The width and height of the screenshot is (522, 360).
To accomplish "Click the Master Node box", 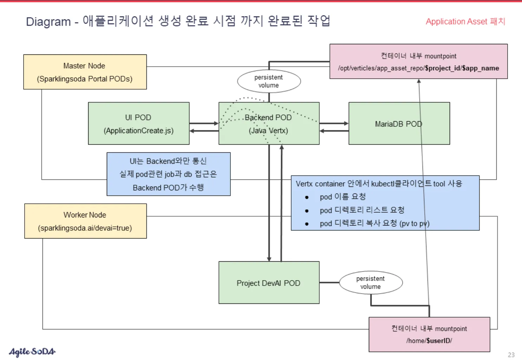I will pos(85,72).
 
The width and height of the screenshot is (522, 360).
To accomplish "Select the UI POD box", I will pos(138,123).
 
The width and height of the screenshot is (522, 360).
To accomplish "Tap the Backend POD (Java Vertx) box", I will pos(269,124).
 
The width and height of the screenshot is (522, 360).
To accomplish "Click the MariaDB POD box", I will pos(399,124).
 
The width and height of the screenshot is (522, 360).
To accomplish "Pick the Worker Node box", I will pos(85,221).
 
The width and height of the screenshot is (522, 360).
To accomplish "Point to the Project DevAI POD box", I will pos(269,283).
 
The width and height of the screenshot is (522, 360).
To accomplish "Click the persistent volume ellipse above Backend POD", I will pos(269,81).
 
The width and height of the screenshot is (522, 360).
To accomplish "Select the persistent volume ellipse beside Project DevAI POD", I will pos(371,282).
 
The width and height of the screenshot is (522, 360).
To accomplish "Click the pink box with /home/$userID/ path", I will pos(429,334).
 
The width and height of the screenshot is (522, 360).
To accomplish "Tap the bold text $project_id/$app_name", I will pos(462,68).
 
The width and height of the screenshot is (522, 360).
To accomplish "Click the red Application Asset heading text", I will pos(465,21).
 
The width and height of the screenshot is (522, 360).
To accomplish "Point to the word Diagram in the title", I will pos(48,22).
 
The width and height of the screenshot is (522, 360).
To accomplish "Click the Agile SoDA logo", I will pos(32,351).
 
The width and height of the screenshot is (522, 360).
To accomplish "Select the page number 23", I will pos(511,355).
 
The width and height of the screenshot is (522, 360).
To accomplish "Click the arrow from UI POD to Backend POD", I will pos(204,123).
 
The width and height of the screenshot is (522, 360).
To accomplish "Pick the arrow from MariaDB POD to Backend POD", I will pos(334,131).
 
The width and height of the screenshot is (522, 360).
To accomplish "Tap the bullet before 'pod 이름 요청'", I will pos(307,197).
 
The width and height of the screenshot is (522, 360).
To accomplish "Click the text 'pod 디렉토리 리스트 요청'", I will pos(362,210).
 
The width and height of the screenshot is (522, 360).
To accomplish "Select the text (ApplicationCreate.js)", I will pos(138,131).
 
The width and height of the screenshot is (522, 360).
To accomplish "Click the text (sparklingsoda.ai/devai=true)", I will pos(85,228).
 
